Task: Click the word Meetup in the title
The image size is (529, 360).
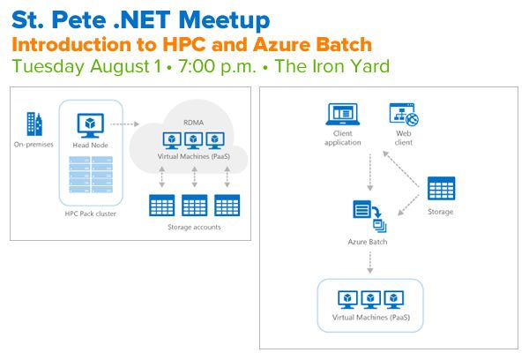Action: (224, 21)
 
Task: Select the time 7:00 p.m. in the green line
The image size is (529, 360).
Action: (218, 66)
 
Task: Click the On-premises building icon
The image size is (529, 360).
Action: (34, 124)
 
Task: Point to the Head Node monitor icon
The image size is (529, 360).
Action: (90, 125)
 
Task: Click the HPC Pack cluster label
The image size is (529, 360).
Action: (91, 214)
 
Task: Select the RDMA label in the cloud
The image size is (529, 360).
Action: (193, 123)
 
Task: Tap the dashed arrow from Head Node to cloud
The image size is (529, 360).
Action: (124, 124)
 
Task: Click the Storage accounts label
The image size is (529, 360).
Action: (194, 227)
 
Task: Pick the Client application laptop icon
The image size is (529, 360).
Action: (342, 115)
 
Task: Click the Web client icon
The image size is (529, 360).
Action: (404, 114)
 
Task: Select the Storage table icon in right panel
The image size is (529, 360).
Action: (441, 188)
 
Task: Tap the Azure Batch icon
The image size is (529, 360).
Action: (369, 216)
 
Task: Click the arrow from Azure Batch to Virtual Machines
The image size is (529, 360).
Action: (370, 262)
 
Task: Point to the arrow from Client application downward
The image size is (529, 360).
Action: (370, 172)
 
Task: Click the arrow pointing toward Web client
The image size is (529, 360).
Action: (401, 169)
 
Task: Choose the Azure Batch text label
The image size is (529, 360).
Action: (368, 242)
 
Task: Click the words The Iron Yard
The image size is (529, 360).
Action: (332, 66)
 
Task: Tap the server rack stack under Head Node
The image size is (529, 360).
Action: (91, 174)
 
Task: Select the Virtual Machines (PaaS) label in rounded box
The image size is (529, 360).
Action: (371, 318)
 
